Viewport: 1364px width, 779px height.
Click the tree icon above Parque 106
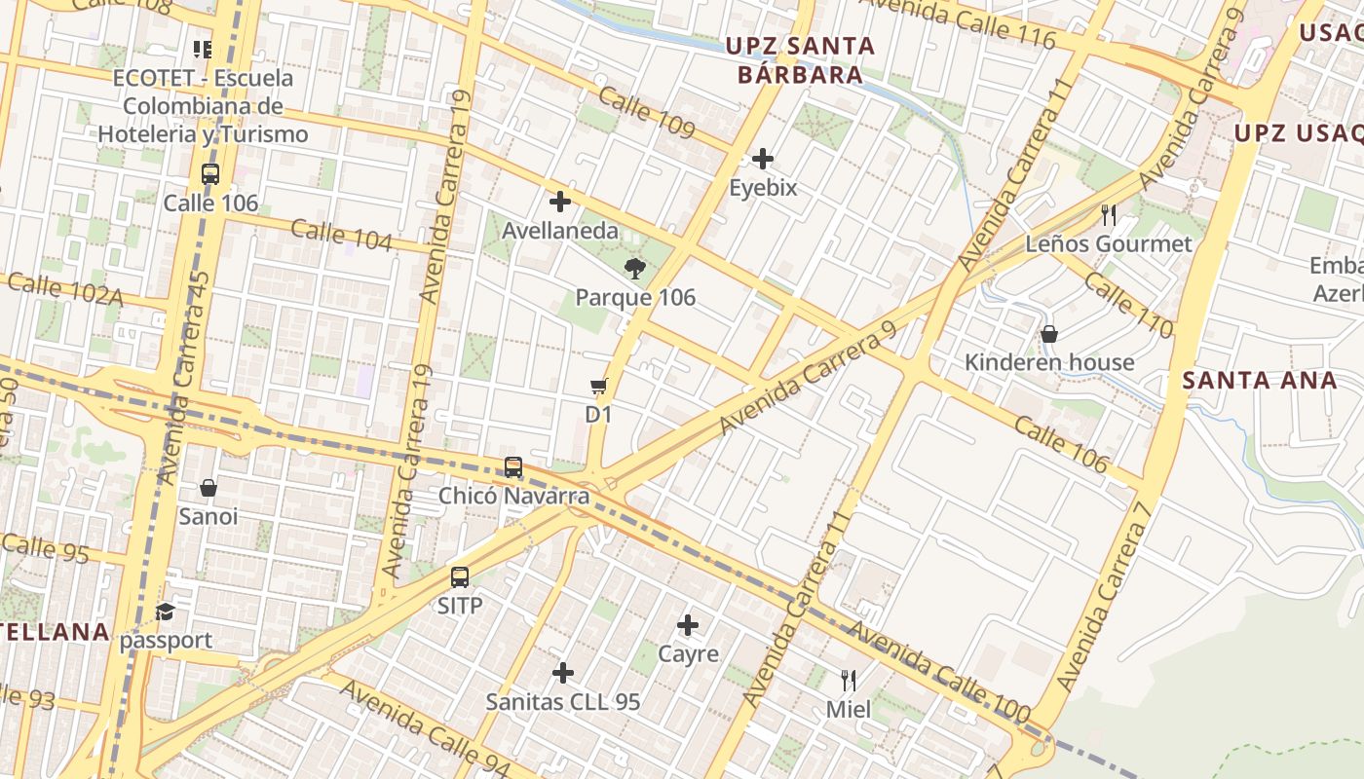[x=634, y=269]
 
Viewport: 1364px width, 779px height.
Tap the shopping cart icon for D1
[x=598, y=387]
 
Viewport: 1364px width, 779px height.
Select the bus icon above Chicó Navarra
[x=513, y=467]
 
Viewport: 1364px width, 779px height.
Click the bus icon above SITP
[x=460, y=577]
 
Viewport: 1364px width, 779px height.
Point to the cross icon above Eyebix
[x=763, y=159]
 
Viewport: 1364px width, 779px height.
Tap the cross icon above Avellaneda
[x=560, y=203]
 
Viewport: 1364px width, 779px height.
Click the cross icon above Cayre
[x=688, y=625]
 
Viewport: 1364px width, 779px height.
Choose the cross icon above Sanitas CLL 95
[x=563, y=673]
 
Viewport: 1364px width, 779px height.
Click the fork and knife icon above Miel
[x=849, y=681]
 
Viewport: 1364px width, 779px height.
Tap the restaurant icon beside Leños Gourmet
[x=1108, y=215]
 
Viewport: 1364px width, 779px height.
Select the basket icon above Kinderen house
[x=1049, y=334]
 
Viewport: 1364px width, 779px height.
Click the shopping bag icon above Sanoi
[x=208, y=488]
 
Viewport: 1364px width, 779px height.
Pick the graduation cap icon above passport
[x=166, y=612]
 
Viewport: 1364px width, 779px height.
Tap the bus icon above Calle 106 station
[x=210, y=174]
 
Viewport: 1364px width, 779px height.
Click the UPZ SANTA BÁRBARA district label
[x=800, y=59]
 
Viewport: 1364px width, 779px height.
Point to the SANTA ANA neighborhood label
[x=1260, y=381]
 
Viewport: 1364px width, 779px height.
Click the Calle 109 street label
[x=646, y=113]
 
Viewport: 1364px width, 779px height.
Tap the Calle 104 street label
[x=341, y=235]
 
